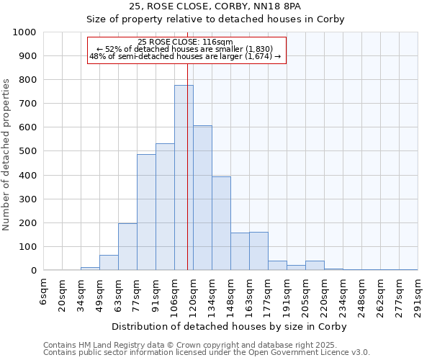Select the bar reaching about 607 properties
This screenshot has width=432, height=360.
202,198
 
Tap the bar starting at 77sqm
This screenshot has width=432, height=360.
146,212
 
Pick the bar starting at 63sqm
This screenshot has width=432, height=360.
127,247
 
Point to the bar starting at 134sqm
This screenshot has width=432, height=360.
221,223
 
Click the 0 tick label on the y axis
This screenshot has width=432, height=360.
34,271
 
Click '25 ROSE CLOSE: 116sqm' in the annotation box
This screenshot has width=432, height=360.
186,42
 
